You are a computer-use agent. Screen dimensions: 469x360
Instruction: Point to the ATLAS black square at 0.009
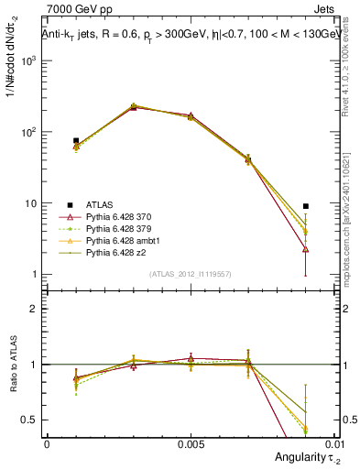tap(305, 206)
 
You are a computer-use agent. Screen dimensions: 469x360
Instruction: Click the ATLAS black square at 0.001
tap(76, 141)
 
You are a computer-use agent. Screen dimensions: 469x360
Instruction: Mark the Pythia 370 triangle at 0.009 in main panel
tap(305, 249)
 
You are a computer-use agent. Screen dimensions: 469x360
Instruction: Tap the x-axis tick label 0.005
tap(190, 442)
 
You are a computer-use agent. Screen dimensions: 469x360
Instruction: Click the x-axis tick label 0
tap(47, 442)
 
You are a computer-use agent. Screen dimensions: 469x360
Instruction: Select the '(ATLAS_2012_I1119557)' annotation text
tap(190, 275)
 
